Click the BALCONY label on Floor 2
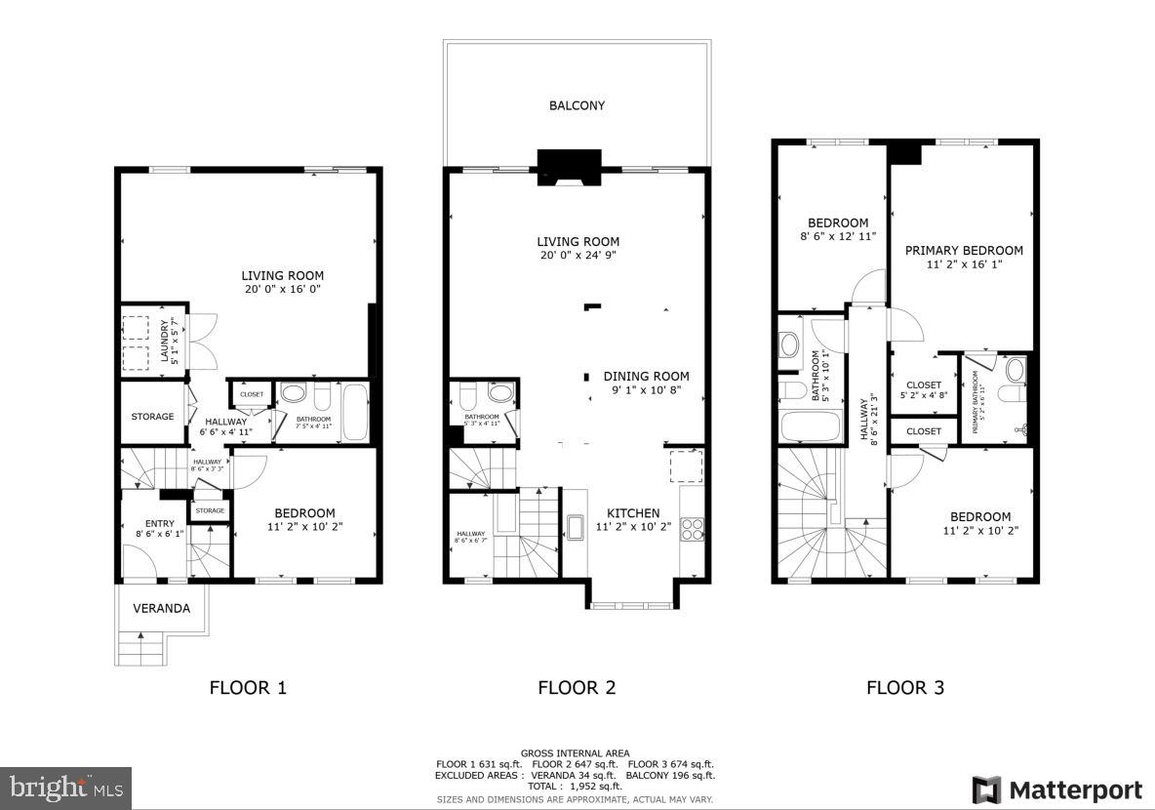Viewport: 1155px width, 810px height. pos(577,105)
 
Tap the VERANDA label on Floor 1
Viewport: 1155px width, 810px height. pos(161,608)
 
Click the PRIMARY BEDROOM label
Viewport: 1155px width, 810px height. pos(964,251)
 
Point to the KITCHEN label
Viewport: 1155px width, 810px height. pos(633,513)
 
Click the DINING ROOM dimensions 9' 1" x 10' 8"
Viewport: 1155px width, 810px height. pos(645,390)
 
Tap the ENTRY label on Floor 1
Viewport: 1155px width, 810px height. pos(159,524)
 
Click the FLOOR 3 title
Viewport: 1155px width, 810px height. pos(904,687)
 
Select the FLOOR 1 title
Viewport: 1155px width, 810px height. pos(248,687)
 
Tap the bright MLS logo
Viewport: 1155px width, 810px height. pos(66,786)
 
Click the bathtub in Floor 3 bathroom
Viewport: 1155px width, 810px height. pos(811,426)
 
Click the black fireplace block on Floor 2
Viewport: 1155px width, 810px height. pos(571,164)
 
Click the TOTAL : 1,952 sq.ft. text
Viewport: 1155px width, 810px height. pos(576,786)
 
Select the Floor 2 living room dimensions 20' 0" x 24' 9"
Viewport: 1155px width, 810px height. pos(577,255)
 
